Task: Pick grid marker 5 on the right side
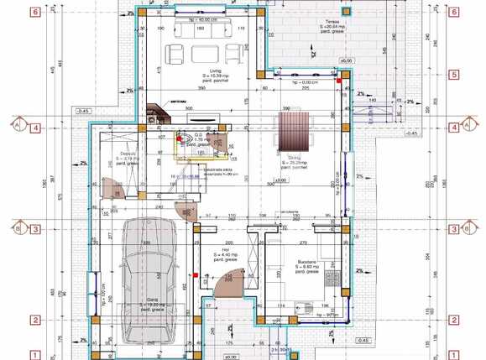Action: (454, 75)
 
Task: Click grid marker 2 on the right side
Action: (454, 320)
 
